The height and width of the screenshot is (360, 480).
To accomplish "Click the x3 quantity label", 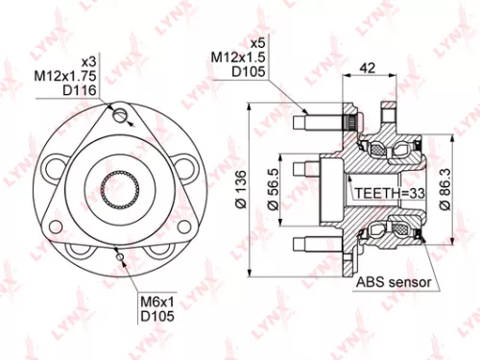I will tap(88, 59).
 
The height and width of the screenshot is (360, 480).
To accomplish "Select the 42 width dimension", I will tap(366, 68).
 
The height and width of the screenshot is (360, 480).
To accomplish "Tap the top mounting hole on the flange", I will tap(119, 117).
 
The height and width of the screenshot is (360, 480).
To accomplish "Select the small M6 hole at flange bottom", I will tap(118, 254).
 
